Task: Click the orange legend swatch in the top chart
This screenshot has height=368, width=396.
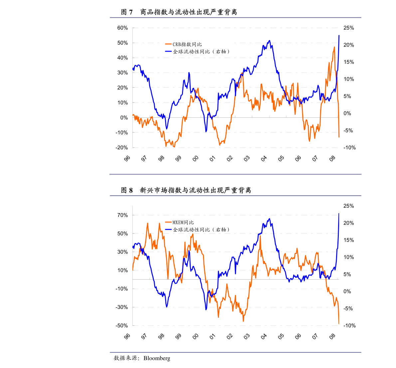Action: (x=168, y=44)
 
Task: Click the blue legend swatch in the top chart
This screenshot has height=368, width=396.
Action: (x=168, y=51)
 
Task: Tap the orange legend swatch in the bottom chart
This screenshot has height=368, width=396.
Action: (x=168, y=222)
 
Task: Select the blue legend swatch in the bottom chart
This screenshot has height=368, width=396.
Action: (x=168, y=229)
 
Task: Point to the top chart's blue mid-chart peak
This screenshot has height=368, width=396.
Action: (x=269, y=41)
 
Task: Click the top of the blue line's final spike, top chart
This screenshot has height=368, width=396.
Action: (x=339, y=35)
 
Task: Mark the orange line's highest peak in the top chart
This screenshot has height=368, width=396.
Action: (x=334, y=47)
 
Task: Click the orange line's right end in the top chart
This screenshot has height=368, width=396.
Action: (x=339, y=137)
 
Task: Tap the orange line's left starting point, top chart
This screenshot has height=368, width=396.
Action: (x=133, y=115)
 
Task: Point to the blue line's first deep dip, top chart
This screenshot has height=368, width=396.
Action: (x=167, y=129)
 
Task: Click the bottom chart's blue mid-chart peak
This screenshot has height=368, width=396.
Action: (x=269, y=219)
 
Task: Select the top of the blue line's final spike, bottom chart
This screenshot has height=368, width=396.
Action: (x=339, y=214)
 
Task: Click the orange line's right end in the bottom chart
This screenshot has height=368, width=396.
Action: (x=339, y=324)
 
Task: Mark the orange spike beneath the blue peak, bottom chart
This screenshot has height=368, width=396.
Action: (x=260, y=236)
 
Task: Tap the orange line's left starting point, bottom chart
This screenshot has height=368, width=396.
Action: (x=133, y=269)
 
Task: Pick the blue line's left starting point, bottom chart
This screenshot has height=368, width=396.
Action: (x=133, y=247)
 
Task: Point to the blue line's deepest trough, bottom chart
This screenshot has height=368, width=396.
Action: (x=206, y=310)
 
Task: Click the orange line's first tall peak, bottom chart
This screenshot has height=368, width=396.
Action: (x=147, y=223)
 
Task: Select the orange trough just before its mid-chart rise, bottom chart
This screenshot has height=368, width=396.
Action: (x=243, y=321)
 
